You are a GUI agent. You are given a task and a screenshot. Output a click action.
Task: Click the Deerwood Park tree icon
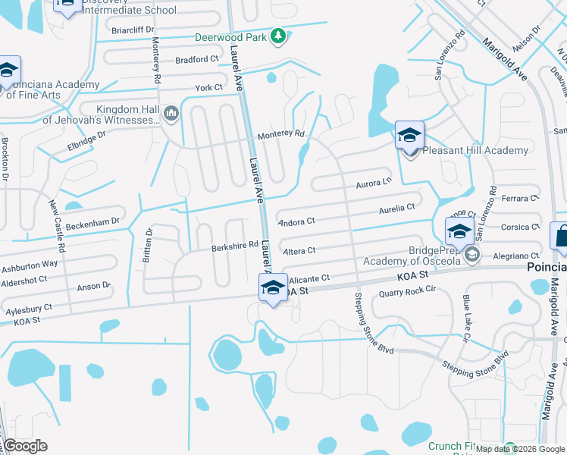(279, 35)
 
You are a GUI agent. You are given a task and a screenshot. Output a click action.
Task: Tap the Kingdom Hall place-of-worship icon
(171, 114)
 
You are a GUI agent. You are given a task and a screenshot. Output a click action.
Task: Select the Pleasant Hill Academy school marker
(409, 137)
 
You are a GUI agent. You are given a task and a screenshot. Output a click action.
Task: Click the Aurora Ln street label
(373, 184)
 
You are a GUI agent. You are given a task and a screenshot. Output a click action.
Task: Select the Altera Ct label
(298, 250)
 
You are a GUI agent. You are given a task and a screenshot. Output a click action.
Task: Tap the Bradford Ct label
(196, 59)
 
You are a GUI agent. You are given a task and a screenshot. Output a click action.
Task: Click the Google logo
(25, 446)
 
